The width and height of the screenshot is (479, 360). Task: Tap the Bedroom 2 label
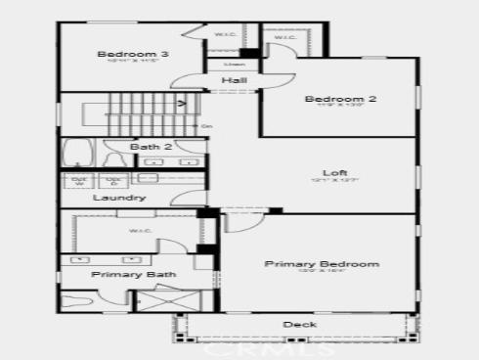[x=340, y=99]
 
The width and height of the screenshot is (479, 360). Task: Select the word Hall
[x=233, y=80]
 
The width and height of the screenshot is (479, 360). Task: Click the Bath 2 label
[x=151, y=147]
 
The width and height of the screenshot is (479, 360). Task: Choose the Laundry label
[x=119, y=198]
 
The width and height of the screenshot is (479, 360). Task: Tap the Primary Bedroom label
[x=322, y=264]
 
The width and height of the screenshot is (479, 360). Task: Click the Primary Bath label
[x=134, y=275]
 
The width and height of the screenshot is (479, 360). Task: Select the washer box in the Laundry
[x=81, y=181]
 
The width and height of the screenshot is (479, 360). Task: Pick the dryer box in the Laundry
[x=113, y=181]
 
